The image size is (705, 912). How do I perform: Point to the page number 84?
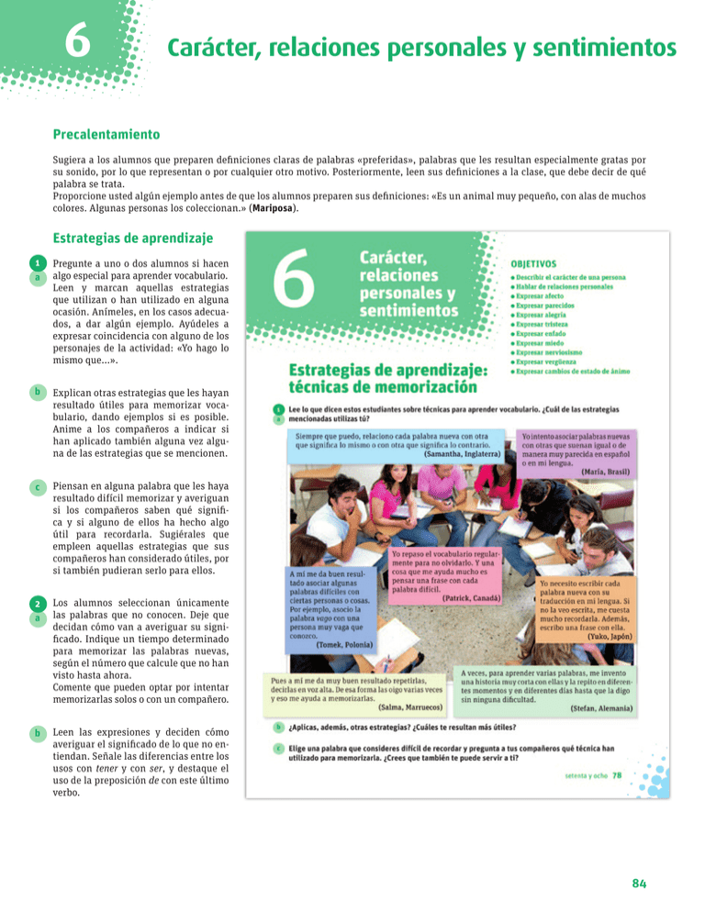[x=641, y=883]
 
